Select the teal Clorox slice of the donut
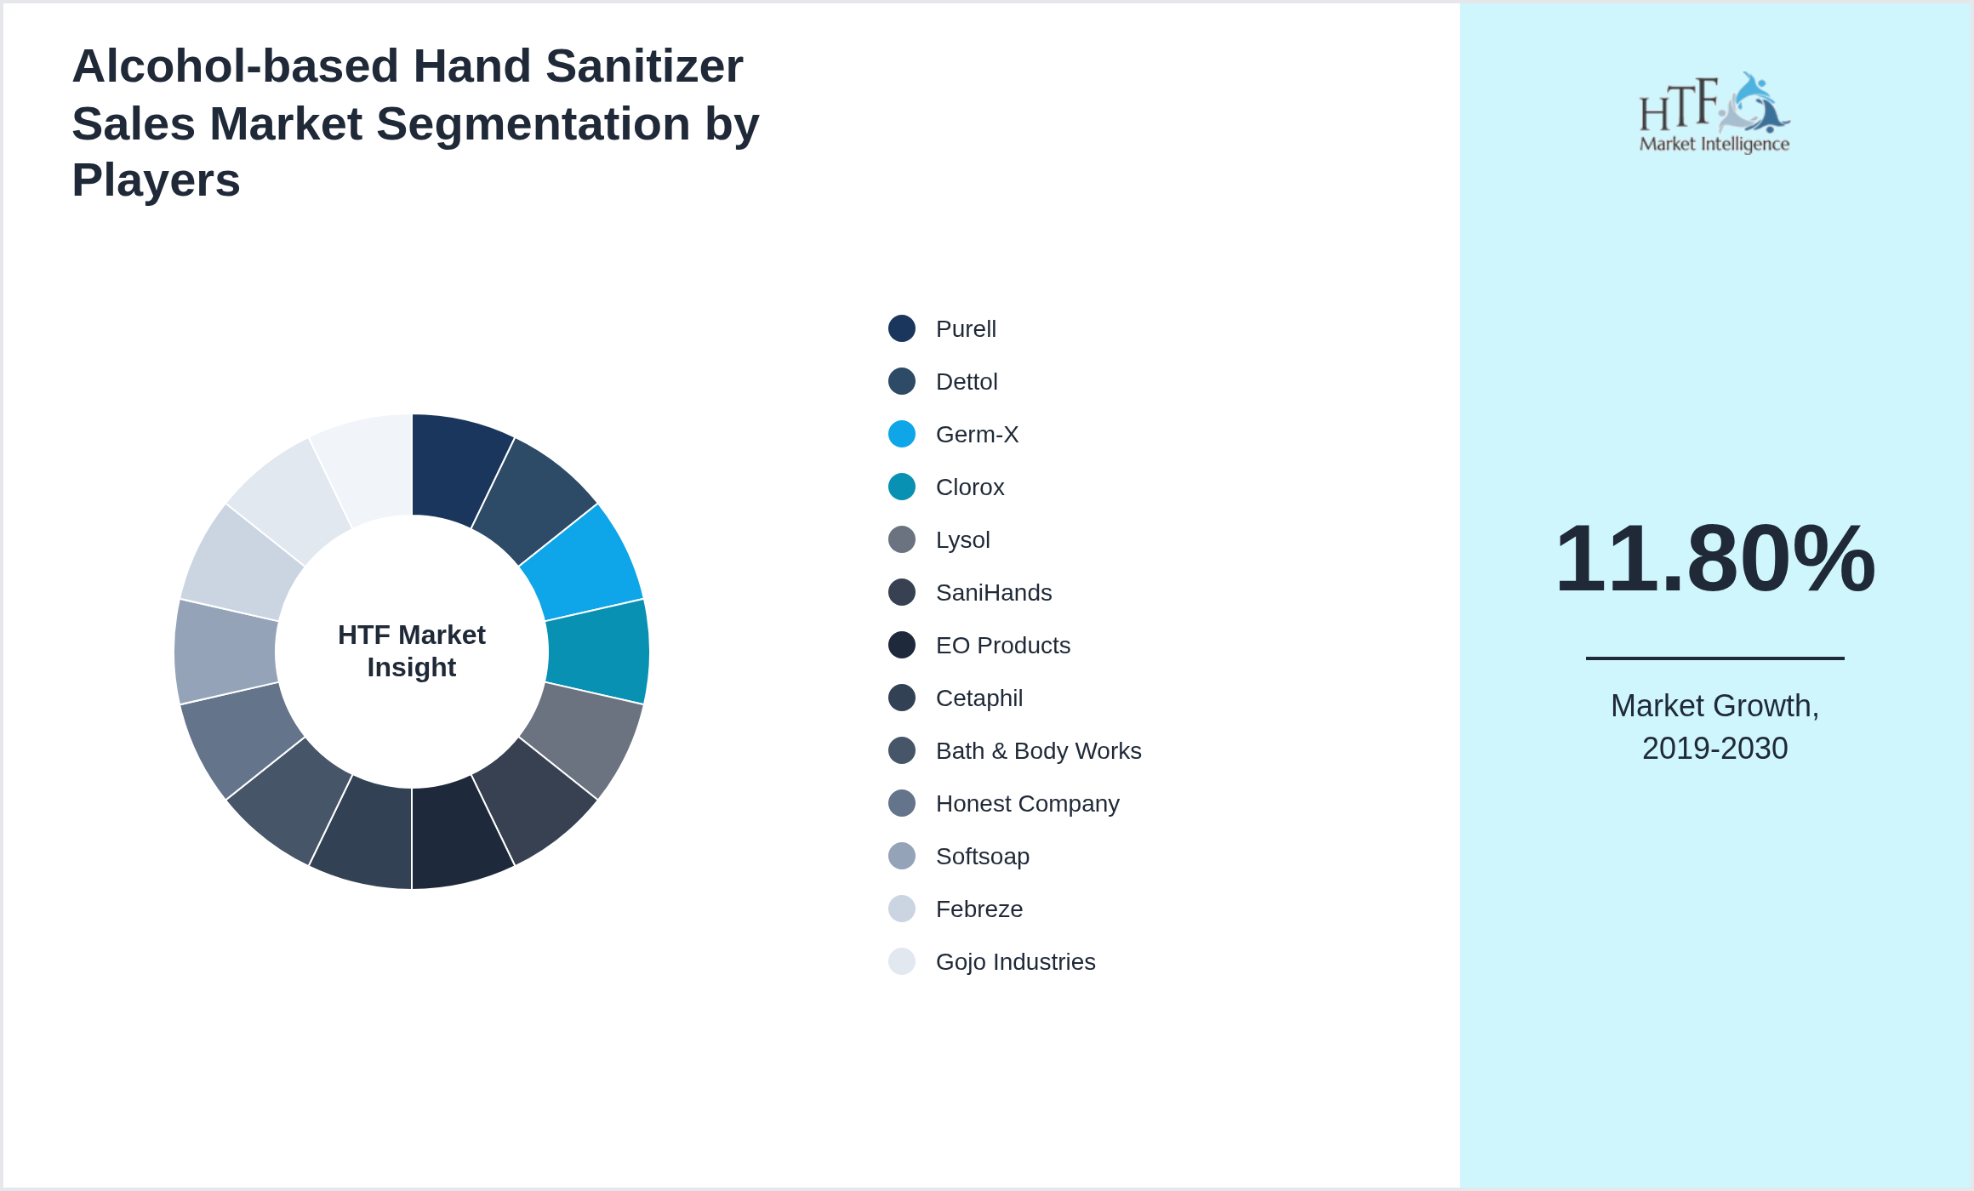[x=598, y=652]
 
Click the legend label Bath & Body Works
[x=1038, y=750]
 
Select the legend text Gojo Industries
[x=1015, y=961]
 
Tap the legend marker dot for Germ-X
[x=902, y=434]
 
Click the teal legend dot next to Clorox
[x=902, y=487]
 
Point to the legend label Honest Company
[x=1027, y=803]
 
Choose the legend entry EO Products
[x=1002, y=645]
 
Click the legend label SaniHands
[x=993, y=592]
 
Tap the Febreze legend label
[x=978, y=909]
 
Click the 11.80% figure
[x=1714, y=559]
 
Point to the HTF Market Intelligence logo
[x=1714, y=113]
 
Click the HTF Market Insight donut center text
[x=412, y=651]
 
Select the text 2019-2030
[x=1714, y=749]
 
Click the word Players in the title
[x=156, y=180]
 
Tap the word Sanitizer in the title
[x=644, y=66]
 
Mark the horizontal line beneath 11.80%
[x=1714, y=658]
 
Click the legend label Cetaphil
[x=978, y=698]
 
